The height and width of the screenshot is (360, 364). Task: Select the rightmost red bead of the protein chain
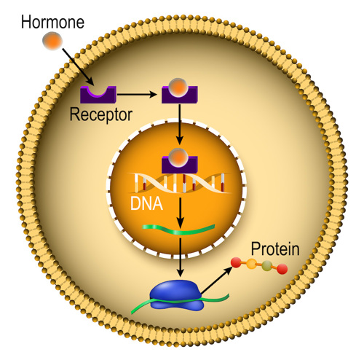[x=282, y=270]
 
